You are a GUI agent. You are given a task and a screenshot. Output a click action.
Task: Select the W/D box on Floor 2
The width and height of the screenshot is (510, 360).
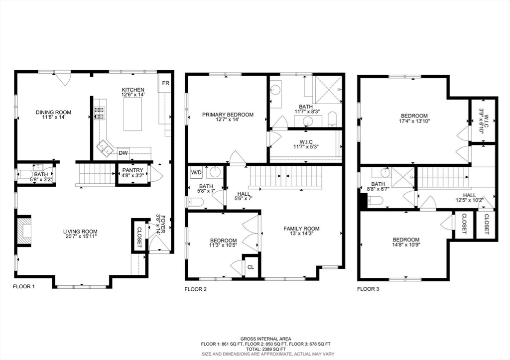click(196, 173)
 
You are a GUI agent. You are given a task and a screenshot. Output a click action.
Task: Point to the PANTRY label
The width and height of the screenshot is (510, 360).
click(132, 170)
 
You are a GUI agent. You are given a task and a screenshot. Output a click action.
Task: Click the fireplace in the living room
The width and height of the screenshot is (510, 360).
click(24, 230)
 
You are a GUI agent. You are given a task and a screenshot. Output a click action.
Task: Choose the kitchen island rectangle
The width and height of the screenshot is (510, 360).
click(132, 114)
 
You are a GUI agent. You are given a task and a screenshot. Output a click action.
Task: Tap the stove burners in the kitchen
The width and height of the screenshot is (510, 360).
click(100, 113)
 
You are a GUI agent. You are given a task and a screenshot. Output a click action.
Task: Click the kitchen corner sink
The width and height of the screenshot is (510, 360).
click(105, 147)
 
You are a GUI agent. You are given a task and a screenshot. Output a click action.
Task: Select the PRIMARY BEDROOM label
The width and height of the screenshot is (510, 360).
click(228, 115)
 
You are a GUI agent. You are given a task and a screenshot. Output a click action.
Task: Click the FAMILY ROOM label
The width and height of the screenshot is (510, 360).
click(301, 229)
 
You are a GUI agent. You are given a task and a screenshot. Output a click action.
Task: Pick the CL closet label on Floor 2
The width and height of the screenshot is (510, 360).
click(251, 267)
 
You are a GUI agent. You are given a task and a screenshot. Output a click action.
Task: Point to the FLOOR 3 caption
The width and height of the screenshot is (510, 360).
click(368, 289)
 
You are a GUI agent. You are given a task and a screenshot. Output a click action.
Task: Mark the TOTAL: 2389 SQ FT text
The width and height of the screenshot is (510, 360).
click(255, 349)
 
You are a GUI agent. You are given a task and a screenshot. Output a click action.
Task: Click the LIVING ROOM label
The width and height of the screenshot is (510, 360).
click(80, 232)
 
